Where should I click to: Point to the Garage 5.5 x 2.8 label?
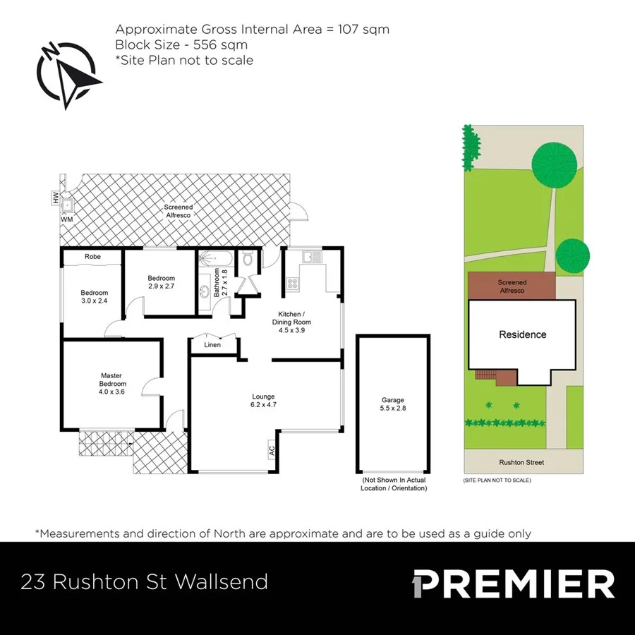(393, 404)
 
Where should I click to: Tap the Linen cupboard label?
(212, 345)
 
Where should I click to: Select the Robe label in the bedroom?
(92, 257)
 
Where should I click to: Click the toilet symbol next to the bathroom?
(248, 260)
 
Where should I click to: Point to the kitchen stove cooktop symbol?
(291, 284)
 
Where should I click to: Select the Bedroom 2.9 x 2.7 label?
(161, 282)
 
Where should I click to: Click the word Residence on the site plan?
(522, 334)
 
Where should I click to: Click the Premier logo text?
(513, 583)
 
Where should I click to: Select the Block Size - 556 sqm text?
(181, 44)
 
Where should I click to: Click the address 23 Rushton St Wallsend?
(145, 582)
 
